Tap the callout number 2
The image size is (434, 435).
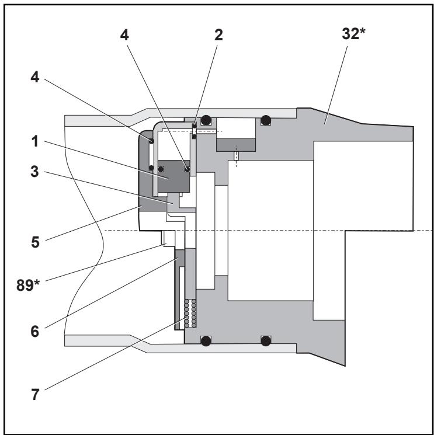(x=219, y=34)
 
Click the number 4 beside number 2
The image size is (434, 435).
(x=124, y=34)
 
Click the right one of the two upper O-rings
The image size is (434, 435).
(x=266, y=121)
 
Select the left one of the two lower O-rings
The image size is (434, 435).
(x=205, y=342)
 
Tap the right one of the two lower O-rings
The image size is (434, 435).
(x=266, y=341)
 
